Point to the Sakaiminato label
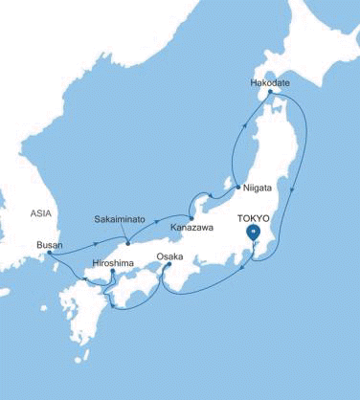[x=119, y=219]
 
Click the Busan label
[x=49, y=245]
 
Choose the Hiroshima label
[x=113, y=261]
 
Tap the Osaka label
[x=169, y=256]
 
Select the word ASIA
[x=39, y=214]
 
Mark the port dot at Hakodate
[x=271, y=93]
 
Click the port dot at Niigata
[x=237, y=188]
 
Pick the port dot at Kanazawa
[x=191, y=206]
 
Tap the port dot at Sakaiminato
[x=127, y=229]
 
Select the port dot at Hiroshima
[x=113, y=271]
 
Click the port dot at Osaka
[x=168, y=265]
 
